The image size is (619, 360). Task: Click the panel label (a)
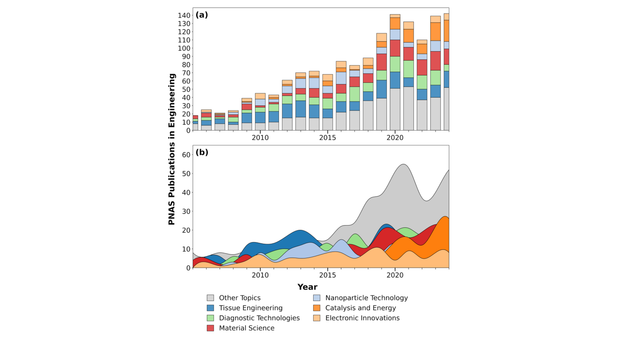(202, 15)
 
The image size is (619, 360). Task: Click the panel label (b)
(202, 152)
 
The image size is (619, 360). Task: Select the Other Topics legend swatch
(210, 298)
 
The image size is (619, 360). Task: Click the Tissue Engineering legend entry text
(250, 308)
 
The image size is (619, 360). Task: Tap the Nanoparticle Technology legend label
(366, 298)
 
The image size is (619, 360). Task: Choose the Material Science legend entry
(246, 328)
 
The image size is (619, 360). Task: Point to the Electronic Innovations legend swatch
(317, 318)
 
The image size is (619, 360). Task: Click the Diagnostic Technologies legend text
(259, 318)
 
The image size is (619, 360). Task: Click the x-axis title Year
(307, 287)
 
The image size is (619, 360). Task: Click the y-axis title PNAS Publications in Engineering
(172, 149)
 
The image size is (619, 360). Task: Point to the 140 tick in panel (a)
(184, 16)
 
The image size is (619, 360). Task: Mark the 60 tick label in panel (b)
(186, 155)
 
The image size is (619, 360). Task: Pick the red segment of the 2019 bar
(381, 62)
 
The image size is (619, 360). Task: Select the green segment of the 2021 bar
(408, 69)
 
